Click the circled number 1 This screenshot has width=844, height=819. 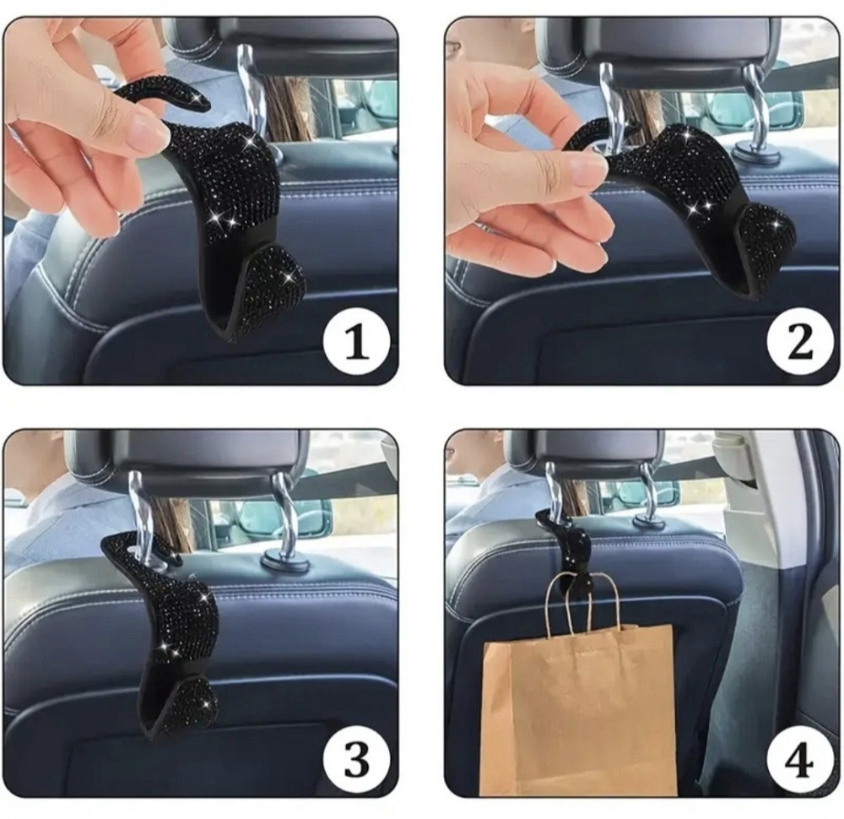[x=356, y=343]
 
